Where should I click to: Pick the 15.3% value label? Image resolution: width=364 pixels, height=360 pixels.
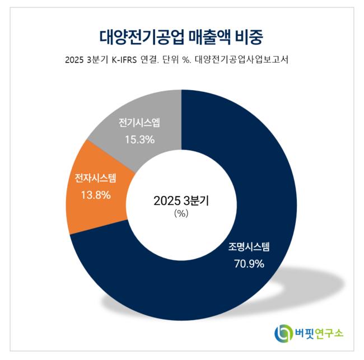[x=139, y=139]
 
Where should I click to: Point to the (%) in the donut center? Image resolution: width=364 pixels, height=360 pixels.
[x=181, y=213]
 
